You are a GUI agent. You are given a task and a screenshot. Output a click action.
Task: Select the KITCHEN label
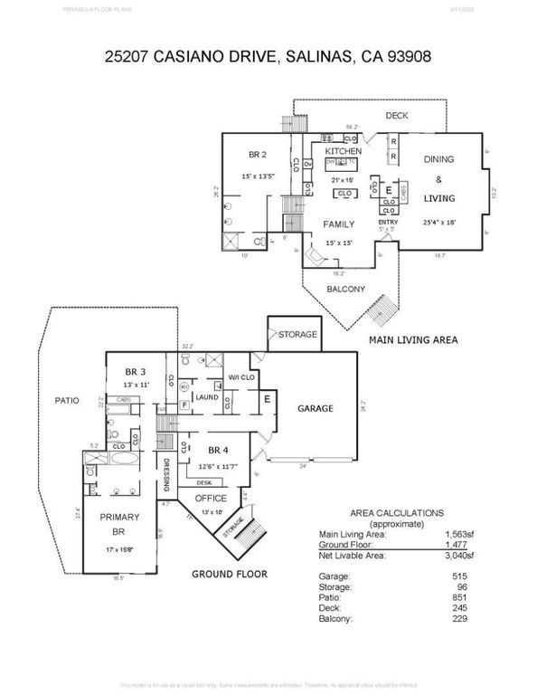click(343, 151)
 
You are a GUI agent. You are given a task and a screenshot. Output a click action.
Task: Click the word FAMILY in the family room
click(340, 224)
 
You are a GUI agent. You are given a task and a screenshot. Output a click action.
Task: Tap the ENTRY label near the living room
click(388, 222)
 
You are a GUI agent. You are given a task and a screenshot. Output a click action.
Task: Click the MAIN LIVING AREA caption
click(413, 340)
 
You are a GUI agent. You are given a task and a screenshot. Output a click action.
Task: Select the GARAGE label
click(316, 408)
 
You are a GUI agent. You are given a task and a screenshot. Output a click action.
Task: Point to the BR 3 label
click(136, 372)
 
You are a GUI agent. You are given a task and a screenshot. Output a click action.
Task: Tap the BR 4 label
click(218, 451)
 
